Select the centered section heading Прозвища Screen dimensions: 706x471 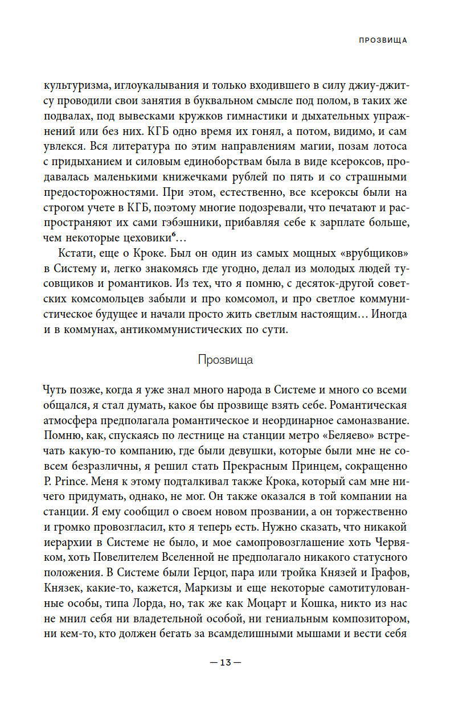(x=226, y=360)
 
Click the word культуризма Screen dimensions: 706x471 (x=75, y=86)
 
